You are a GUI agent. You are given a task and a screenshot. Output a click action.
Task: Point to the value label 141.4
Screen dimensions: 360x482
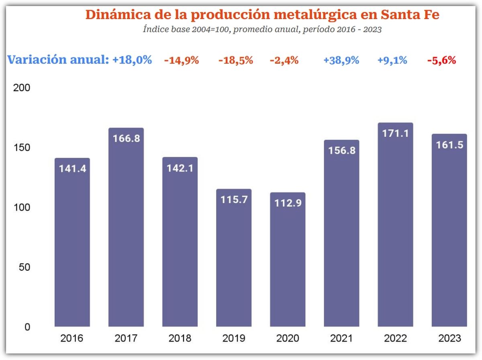pos(72,169)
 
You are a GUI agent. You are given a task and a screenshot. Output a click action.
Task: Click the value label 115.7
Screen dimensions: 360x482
pos(234,199)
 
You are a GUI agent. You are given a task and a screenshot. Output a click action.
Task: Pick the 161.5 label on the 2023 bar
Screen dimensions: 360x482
pos(449,144)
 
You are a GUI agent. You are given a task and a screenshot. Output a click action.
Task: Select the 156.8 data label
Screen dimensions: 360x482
pos(341,151)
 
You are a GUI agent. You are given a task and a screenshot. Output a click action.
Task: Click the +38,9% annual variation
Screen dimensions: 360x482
pos(341,61)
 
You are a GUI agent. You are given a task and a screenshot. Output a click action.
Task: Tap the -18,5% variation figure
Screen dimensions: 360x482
pos(236,61)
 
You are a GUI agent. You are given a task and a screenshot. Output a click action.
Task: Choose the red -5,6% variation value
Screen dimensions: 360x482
pos(441,61)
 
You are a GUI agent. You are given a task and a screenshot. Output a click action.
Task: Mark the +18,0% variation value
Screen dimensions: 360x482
pos(132,60)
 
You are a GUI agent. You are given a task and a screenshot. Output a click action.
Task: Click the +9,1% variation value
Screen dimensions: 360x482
pos(392,61)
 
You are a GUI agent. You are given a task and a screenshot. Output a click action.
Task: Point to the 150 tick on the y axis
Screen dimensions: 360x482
pos(22,148)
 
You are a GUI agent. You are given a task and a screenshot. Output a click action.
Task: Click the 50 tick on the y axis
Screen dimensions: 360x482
pos(25,267)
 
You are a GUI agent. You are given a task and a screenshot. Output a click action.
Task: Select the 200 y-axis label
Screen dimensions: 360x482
pos(22,88)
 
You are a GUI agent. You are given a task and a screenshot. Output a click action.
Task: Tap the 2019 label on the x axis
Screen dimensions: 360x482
pos(234,338)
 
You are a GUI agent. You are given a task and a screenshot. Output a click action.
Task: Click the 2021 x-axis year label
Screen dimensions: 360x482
pos(341,338)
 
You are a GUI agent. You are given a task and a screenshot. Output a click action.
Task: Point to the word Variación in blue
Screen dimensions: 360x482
pos(37,60)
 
